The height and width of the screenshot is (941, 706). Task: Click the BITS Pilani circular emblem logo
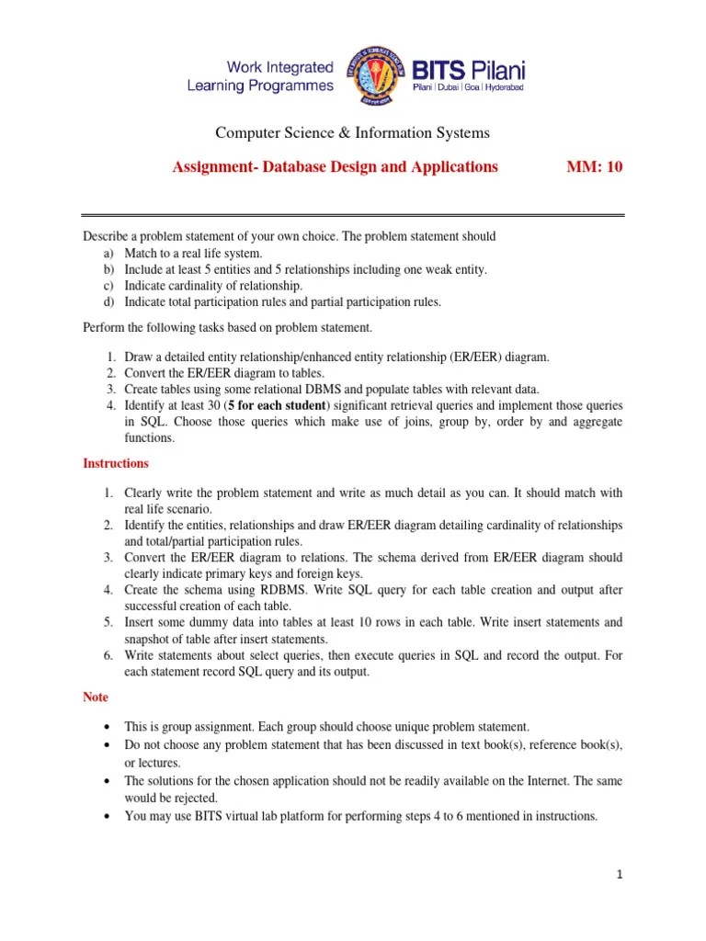point(374,76)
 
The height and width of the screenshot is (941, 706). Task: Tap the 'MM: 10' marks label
point(598,166)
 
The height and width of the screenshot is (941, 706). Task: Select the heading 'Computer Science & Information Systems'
point(352,133)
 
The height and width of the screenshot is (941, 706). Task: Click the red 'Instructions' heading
point(116,463)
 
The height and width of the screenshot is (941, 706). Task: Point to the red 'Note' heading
point(96,697)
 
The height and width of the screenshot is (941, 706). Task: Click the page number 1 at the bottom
point(621,875)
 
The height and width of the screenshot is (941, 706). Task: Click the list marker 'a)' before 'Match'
point(109,253)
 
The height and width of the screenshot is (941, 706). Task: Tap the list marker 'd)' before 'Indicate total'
point(109,301)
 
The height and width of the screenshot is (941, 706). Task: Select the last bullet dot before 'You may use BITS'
point(108,815)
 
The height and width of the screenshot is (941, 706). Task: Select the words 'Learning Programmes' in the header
point(260,85)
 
